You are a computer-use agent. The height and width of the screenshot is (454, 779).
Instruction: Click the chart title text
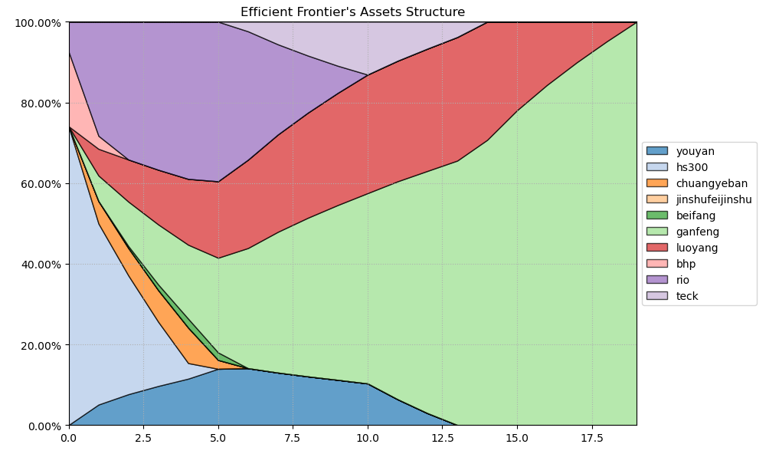click(x=352, y=12)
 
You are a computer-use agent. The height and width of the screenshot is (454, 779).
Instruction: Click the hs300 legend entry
click(x=692, y=167)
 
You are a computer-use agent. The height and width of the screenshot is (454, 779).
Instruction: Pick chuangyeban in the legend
click(x=712, y=183)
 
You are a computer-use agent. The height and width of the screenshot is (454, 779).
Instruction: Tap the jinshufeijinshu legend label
click(x=713, y=199)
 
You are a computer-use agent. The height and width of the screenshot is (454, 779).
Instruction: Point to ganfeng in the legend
click(x=697, y=232)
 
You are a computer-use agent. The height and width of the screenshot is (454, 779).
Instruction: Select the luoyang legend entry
click(x=697, y=248)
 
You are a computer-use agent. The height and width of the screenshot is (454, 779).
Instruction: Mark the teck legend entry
click(x=686, y=296)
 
